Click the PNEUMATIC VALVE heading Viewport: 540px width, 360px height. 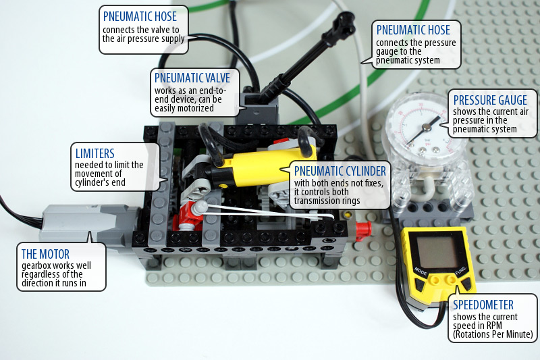pyautogui.click(x=192, y=78)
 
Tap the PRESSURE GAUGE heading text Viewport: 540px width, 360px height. pyautogui.click(x=490, y=100)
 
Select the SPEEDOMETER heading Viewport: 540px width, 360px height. pyautogui.click(x=483, y=305)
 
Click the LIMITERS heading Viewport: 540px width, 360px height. pyautogui.click(x=94, y=153)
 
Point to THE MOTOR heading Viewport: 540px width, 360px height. pyautogui.click(x=45, y=254)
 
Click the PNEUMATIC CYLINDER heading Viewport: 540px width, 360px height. pyautogui.click(x=340, y=171)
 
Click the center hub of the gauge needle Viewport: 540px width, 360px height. pyautogui.click(x=427, y=128)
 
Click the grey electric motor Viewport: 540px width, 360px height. pyautogui.click(x=88, y=224)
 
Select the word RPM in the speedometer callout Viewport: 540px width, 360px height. pyautogui.click(x=493, y=326)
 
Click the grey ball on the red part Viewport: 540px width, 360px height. pyautogui.click(x=200, y=207)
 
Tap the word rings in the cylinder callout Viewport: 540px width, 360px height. pyautogui.click(x=350, y=201)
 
